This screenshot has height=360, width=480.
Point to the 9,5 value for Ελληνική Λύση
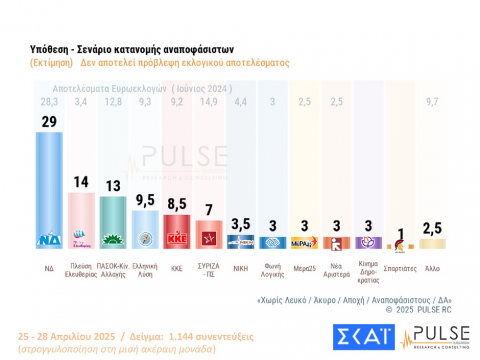[145, 201]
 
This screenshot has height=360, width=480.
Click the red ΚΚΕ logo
[177, 239]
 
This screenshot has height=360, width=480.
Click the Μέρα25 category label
[305, 269]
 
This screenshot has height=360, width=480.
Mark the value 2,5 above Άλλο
[433, 229]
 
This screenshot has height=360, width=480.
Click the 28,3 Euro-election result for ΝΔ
[49, 101]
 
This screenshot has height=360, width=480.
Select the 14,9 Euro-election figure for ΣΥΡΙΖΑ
[209, 101]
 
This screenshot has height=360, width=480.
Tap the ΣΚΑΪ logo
[363, 337]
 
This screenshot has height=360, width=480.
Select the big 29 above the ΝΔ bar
[49, 121]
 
